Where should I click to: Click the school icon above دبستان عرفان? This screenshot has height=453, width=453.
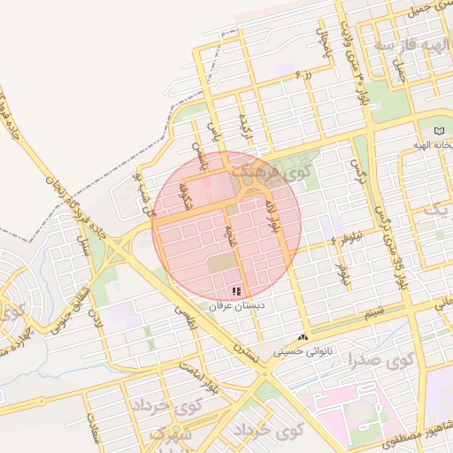click(235, 290)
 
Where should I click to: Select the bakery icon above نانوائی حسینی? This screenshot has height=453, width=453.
click(303, 337)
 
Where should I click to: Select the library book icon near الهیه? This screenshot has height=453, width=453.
click(440, 130)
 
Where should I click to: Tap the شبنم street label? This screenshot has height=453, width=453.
click(375, 312)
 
